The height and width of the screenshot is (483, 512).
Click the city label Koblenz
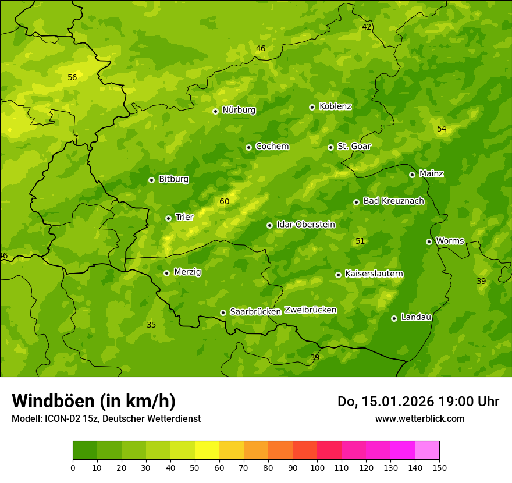coord(335,106)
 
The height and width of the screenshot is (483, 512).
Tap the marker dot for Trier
coord(169,218)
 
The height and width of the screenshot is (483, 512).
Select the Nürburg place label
coord(239,110)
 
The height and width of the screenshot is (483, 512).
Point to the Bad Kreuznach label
coord(393,201)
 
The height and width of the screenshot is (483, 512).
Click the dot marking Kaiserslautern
coord(338,275)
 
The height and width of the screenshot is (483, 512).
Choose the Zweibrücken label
coord(310,310)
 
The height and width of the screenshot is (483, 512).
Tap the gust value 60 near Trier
coord(224,202)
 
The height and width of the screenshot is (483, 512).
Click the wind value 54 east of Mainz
coord(442,129)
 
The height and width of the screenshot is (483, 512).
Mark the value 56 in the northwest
coord(72,77)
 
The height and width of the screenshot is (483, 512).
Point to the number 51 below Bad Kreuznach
coord(360,241)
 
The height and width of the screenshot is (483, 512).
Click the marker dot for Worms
coord(429,241)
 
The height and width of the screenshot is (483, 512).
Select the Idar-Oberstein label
coord(305,225)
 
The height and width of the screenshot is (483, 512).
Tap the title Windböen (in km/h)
coord(94,401)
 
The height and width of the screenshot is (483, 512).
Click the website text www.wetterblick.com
coord(419,418)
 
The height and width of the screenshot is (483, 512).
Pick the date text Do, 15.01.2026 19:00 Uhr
coord(418,402)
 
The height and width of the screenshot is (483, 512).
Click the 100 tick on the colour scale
coord(317,467)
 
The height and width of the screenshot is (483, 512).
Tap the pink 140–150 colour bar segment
coord(427,450)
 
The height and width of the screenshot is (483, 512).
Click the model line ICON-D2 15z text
coord(106,418)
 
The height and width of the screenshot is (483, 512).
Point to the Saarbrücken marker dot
coord(223,312)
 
